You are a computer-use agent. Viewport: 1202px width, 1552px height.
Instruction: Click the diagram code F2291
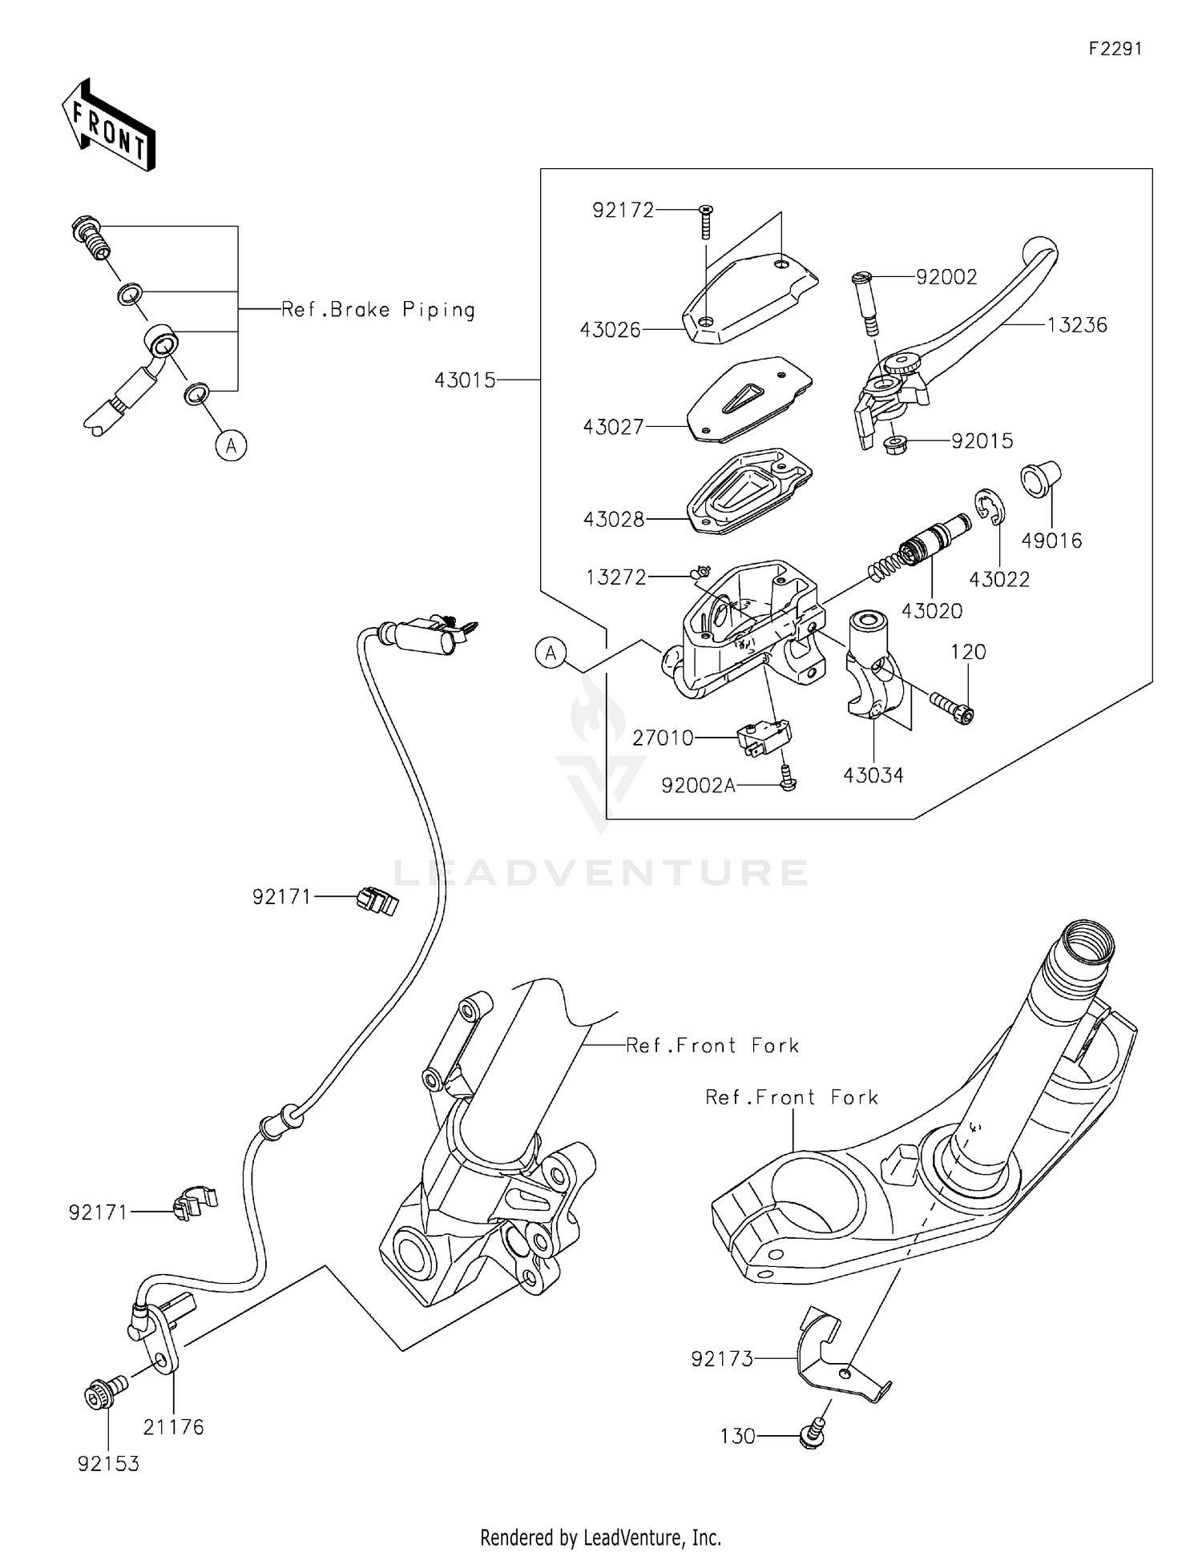(1115, 49)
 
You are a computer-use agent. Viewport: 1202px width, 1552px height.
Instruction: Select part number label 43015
(465, 380)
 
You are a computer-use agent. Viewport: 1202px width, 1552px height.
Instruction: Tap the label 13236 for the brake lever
(1076, 325)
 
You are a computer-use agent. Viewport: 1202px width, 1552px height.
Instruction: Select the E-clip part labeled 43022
(990, 509)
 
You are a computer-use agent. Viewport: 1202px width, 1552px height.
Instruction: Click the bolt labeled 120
(951, 706)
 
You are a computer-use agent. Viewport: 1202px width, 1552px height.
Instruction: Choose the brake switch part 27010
(763, 736)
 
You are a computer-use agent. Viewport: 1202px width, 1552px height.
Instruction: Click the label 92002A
(698, 786)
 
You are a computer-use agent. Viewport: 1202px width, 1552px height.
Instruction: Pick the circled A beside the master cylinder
(551, 653)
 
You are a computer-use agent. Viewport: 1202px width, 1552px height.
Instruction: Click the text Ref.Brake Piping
(378, 310)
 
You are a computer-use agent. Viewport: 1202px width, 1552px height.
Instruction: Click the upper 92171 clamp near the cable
(377, 902)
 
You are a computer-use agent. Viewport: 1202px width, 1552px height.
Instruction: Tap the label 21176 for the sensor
(174, 1427)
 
